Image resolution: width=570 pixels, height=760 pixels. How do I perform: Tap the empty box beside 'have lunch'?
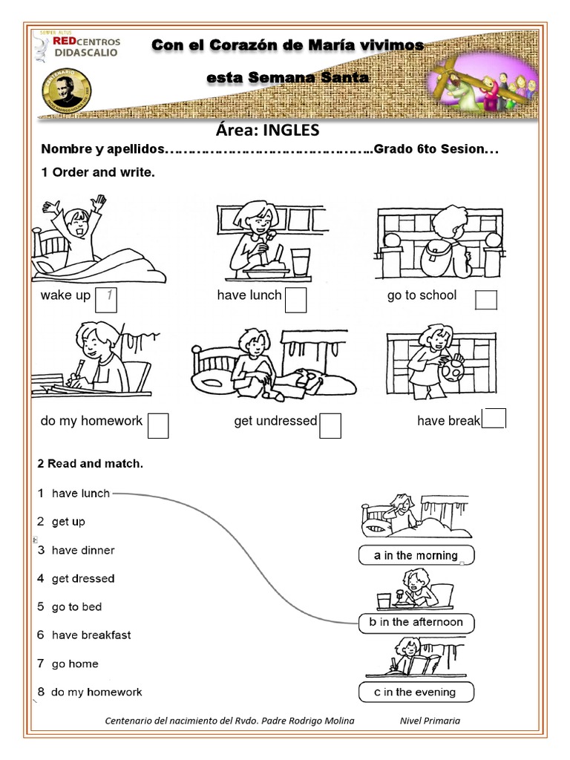tap(296, 301)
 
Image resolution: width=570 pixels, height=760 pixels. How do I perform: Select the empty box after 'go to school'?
tap(486, 299)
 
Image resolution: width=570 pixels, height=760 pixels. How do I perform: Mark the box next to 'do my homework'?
tap(158, 425)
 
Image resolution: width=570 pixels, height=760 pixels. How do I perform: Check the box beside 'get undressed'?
tap(330, 425)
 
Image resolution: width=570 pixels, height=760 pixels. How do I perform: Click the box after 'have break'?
tap(494, 419)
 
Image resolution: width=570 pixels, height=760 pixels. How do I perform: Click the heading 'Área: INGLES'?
tap(267, 131)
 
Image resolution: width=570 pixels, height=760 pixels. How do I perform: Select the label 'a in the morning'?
tap(416, 555)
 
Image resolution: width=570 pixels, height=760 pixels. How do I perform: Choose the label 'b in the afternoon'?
tap(416, 622)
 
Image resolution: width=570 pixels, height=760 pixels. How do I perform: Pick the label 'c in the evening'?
tap(416, 692)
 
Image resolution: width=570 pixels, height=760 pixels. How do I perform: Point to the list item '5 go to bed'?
tap(70, 607)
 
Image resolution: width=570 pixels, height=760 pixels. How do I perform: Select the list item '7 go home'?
tap(68, 664)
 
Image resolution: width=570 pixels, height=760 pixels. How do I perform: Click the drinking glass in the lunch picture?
tap(299, 262)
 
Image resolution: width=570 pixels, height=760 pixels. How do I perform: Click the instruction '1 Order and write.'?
tap(96, 172)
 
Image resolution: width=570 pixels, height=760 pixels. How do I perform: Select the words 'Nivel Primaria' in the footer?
tap(430, 721)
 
